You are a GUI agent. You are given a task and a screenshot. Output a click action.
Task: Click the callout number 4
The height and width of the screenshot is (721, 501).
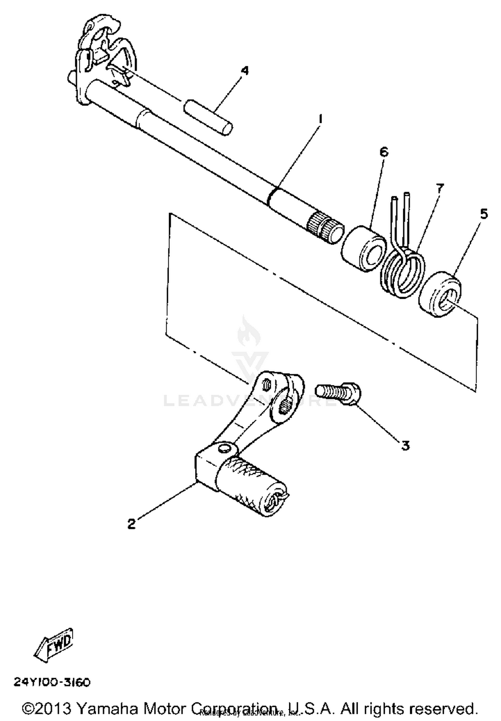click(245, 71)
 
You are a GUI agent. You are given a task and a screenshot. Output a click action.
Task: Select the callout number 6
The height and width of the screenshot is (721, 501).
click(384, 152)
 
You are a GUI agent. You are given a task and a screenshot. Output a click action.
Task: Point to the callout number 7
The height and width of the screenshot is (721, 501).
click(439, 189)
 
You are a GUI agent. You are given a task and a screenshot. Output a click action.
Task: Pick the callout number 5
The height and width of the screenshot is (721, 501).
click(484, 214)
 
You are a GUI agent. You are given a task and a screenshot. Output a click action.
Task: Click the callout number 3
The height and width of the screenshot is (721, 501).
click(405, 446)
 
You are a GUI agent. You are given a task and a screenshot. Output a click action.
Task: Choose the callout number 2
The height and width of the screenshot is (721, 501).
click(132, 524)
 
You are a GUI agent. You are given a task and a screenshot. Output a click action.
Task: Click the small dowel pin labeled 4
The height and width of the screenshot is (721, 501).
click(208, 117)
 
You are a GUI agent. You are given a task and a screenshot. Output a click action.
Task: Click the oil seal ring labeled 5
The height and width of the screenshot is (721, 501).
click(440, 294)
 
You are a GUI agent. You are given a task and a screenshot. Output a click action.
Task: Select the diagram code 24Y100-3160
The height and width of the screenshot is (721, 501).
click(52, 682)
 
